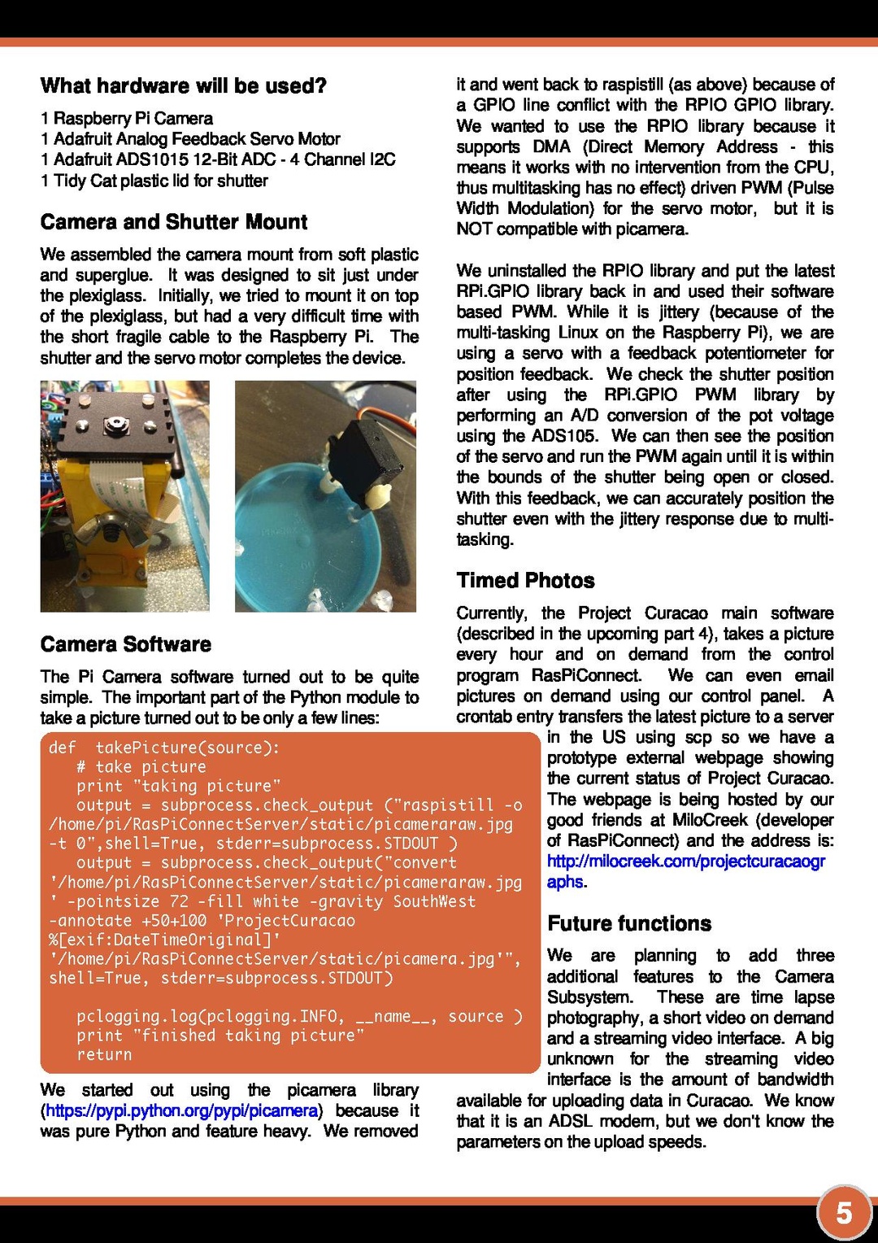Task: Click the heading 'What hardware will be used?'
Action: [x=183, y=85]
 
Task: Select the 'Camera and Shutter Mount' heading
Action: [x=174, y=222]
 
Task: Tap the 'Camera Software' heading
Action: [x=126, y=644]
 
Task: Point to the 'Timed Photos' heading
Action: [x=525, y=580]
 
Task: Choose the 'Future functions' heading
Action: [x=629, y=923]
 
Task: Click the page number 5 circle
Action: [x=844, y=1213]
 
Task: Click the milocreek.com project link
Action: [x=685, y=861]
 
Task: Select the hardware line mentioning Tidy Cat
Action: [x=154, y=181]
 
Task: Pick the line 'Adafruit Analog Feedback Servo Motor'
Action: [x=190, y=139]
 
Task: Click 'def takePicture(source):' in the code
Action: [x=163, y=748]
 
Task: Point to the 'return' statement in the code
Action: [x=104, y=1054]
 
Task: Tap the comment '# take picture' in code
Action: [x=141, y=767]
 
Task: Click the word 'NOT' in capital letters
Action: [x=474, y=229]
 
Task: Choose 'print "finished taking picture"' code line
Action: [x=220, y=1036]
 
